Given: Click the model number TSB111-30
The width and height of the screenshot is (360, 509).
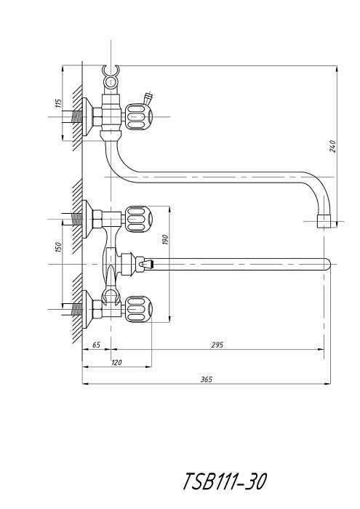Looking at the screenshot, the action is point(225,481).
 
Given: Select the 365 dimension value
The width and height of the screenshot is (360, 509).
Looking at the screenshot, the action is point(207,379).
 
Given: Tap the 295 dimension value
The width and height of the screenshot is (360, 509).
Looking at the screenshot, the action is point(217,345).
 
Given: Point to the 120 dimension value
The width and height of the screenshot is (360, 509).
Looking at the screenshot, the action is point(116,362).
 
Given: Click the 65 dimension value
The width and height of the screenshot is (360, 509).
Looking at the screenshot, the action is point(97,345).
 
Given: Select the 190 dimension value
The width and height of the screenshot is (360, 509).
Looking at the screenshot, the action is point(165,239).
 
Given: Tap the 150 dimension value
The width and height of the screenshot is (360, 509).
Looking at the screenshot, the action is point(58,249).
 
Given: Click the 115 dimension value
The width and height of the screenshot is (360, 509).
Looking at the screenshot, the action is point(58,103).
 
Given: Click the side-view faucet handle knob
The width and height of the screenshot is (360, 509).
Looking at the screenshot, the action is point(139,117).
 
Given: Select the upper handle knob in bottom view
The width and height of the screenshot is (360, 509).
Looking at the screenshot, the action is point(139,219).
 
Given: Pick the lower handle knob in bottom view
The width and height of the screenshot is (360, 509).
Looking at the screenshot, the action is point(139,309).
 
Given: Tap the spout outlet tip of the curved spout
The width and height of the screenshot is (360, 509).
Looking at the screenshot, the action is point(324,221).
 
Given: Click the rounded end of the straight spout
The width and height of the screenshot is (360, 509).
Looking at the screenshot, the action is point(327,264).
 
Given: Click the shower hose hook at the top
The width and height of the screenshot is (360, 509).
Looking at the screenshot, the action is point(111,77).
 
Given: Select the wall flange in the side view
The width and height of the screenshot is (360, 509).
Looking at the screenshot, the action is point(87,117).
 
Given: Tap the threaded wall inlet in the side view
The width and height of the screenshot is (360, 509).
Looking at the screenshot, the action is point(76,117).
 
